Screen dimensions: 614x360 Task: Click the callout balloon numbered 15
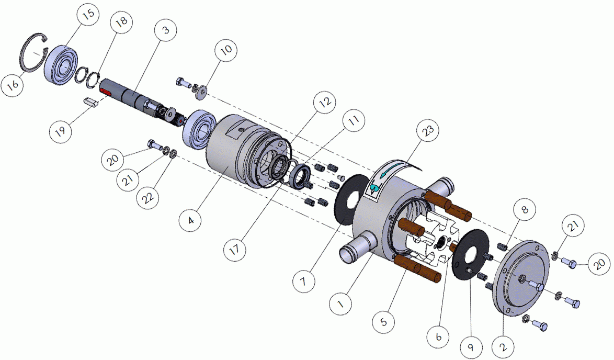coord(88,15)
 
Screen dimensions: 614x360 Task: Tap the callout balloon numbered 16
coord(13,85)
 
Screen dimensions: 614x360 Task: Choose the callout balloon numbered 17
coord(235,249)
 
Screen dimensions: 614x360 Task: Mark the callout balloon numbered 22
coord(148,198)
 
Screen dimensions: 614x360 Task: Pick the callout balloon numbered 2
coord(504,347)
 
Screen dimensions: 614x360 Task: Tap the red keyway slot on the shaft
coord(106,92)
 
